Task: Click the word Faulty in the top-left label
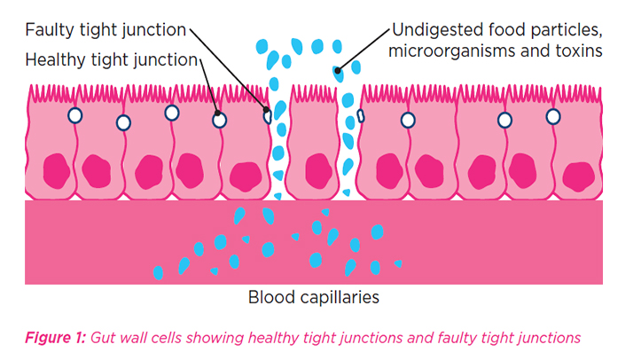(49, 30)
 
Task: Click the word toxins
(581, 51)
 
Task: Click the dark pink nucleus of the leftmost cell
(57, 168)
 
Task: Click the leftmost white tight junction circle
(75, 115)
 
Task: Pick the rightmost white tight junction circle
(553, 116)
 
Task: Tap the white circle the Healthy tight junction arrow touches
(219, 119)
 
